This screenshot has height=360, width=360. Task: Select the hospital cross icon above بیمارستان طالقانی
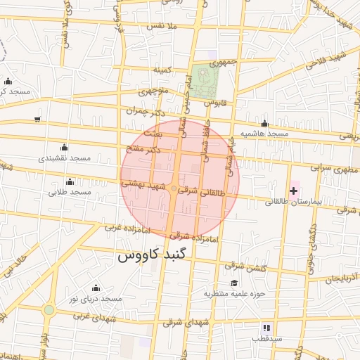(x=293, y=191)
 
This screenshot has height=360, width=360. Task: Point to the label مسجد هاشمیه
(x=264, y=133)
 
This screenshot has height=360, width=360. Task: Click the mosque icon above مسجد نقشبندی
(x=64, y=147)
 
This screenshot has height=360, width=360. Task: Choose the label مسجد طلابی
(x=70, y=191)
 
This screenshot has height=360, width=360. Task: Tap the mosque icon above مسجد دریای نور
(x=96, y=288)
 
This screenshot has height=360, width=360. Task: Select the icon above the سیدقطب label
(x=266, y=328)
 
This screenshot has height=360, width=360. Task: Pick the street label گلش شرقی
(x=245, y=266)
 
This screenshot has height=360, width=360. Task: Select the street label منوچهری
(x=153, y=91)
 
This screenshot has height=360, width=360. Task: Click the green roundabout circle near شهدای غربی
(x=49, y=309)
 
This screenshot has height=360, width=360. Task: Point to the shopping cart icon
(x=37, y=119)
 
